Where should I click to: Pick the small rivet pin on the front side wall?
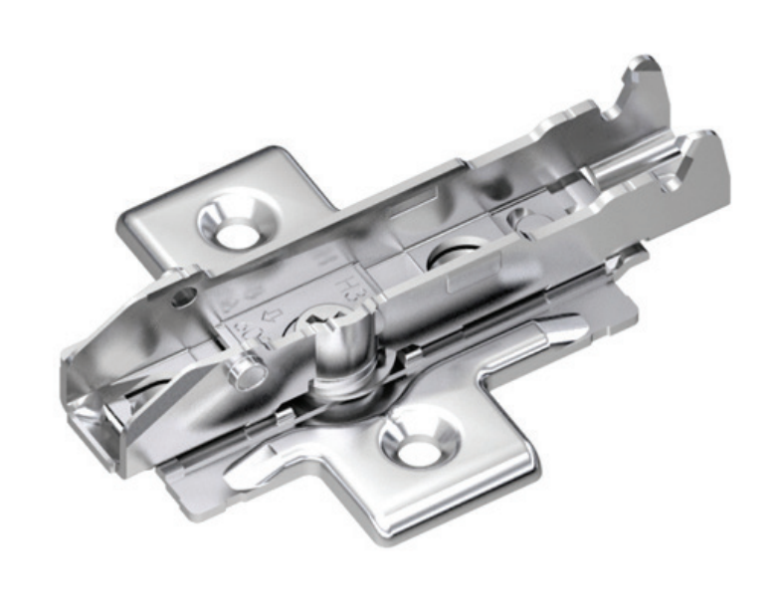243,374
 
